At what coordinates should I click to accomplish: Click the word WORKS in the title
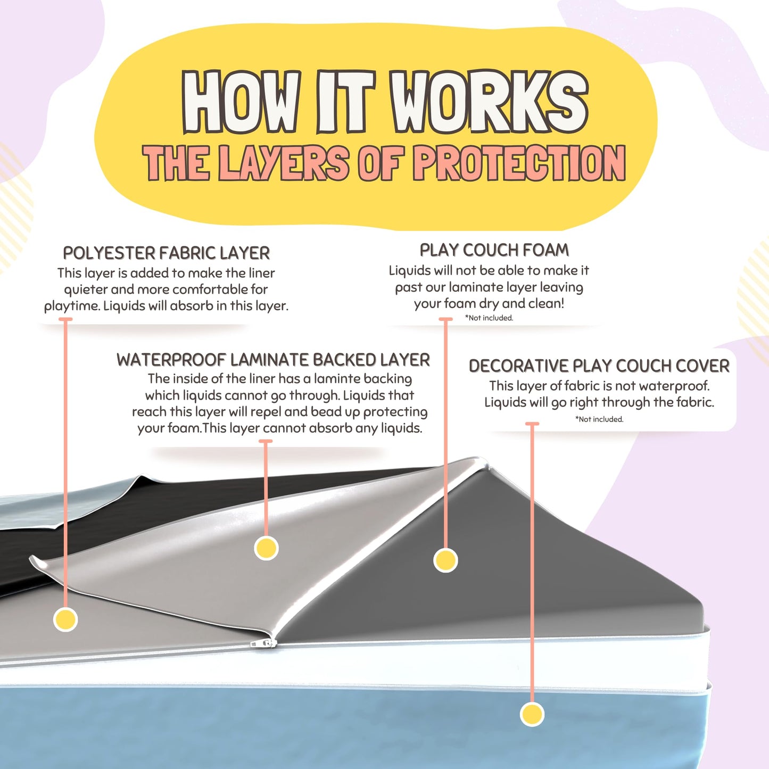pos(489,102)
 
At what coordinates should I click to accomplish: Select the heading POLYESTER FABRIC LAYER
pos(167,253)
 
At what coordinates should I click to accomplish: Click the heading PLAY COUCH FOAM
pos(494,250)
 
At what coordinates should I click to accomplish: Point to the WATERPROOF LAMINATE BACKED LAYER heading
pos(273,360)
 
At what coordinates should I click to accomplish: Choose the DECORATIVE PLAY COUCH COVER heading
pos(599,366)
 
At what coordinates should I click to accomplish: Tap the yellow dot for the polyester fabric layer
pos(65,619)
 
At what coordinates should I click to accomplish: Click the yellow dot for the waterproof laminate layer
pos(266,548)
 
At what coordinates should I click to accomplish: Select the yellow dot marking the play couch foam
pos(445,560)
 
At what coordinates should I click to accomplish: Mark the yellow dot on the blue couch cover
pos(532,714)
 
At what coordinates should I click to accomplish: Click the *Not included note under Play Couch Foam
pos(489,318)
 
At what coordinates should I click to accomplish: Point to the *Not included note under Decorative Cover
pos(599,419)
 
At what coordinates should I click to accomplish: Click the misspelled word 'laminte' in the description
pos(335,379)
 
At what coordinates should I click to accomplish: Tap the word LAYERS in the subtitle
pos(284,163)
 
